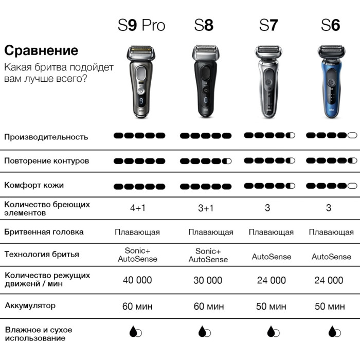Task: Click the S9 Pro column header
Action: (141, 25)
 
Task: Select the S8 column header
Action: (204, 25)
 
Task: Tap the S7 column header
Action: (268, 25)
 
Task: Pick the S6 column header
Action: (331, 25)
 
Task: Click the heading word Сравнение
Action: (41, 50)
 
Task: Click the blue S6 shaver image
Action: (331, 81)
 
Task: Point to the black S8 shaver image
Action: (206, 81)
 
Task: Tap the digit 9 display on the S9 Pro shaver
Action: (141, 100)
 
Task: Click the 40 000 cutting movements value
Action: (137, 280)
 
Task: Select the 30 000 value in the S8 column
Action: (208, 280)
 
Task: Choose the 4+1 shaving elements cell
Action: (138, 208)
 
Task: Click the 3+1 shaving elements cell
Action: (206, 208)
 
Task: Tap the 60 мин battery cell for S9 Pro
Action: (137, 307)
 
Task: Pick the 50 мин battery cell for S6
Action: (330, 307)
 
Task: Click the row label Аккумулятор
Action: (30, 306)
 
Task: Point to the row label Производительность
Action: (46, 137)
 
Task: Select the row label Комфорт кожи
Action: (34, 185)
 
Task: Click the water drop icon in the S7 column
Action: (273, 332)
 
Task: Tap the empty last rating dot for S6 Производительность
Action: (352, 135)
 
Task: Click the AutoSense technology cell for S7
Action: (272, 257)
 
